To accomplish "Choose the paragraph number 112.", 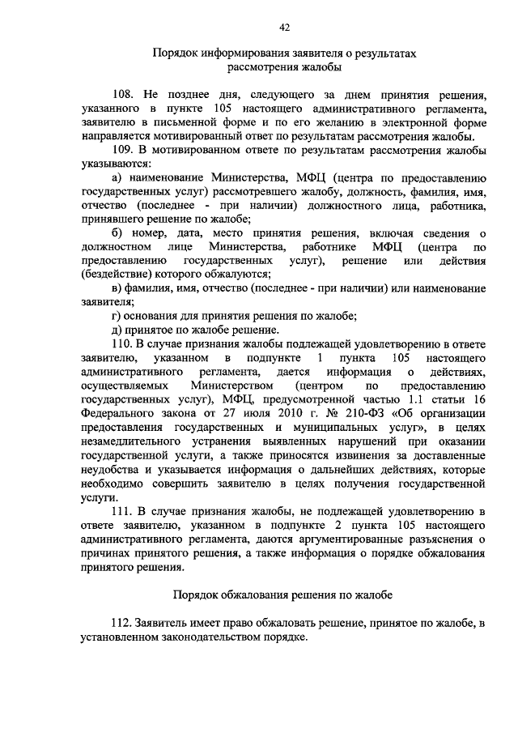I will coord(125,623).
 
